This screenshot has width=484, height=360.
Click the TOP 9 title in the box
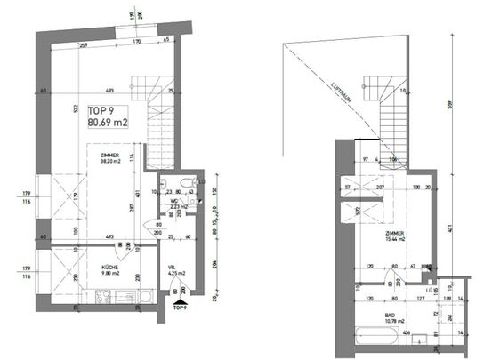[101, 111]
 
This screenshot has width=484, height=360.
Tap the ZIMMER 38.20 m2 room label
[111, 157]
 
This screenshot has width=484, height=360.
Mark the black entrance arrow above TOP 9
[180, 303]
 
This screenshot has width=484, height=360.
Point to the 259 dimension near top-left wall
[80, 44]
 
